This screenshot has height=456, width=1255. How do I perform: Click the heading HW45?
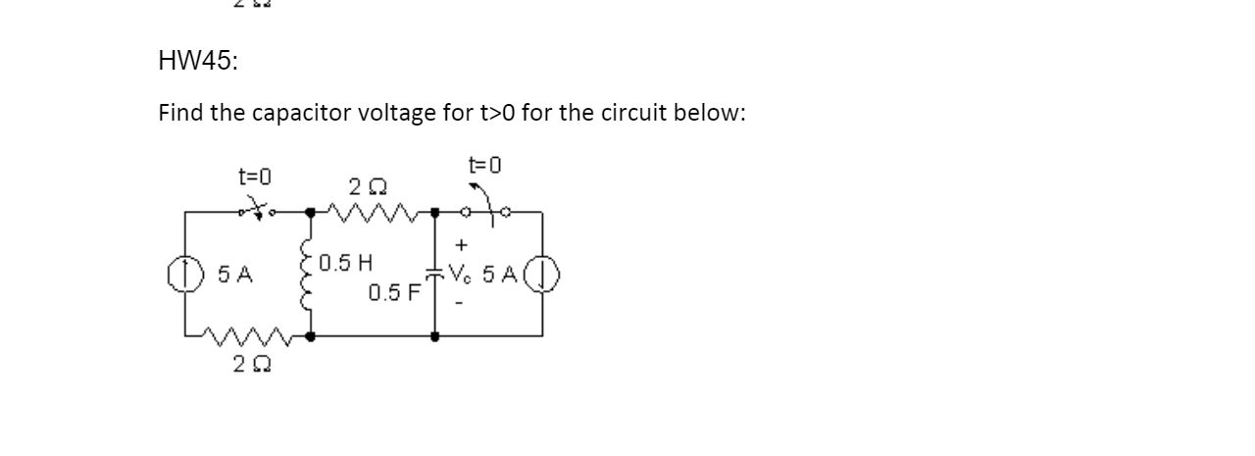pos(197,62)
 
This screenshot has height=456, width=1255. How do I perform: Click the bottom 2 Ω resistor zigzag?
pos(251,339)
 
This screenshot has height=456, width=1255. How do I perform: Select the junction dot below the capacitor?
pos(435,335)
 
